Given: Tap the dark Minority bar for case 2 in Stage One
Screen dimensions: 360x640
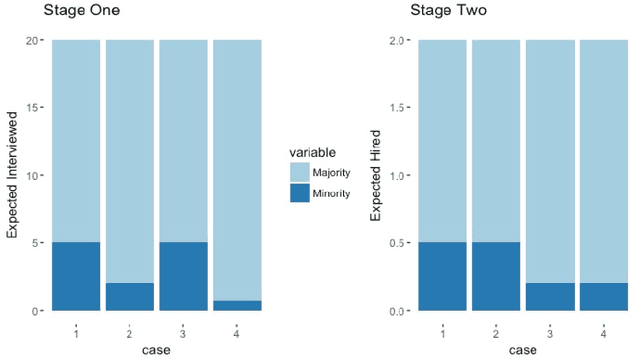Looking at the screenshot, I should [130, 297].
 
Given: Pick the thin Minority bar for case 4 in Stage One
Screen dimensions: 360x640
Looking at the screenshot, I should [237, 305].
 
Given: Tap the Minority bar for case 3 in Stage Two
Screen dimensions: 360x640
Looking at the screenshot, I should [549, 297].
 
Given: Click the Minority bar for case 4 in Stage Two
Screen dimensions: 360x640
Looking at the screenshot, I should [603, 297].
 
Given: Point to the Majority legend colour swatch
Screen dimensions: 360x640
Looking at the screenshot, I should [300, 173].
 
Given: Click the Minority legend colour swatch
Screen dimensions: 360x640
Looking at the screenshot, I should [300, 193].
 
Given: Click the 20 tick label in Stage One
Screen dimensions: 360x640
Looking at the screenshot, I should [32, 40].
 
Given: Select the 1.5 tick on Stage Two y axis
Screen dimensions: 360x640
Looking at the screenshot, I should [396, 108].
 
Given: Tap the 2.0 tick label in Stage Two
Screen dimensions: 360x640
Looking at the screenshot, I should [396, 40].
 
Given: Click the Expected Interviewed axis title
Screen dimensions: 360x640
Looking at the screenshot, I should [12, 175].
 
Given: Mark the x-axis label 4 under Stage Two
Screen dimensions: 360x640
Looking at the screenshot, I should [603, 330].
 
